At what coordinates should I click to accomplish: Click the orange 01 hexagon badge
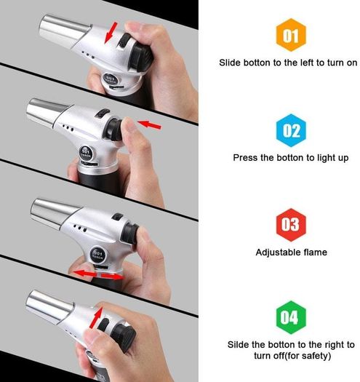point(291,35)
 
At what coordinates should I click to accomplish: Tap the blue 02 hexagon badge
point(291,130)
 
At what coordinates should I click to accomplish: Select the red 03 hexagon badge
point(291,225)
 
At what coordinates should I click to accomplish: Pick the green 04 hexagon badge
point(291,317)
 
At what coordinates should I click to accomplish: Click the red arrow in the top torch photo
point(111,33)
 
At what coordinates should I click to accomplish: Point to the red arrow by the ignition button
point(149,124)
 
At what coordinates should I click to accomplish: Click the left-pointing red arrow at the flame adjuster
point(85,274)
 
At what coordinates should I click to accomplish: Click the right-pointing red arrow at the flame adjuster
point(111,276)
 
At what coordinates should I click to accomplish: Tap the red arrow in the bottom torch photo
point(96,317)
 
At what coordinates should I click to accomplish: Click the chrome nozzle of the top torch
point(64,31)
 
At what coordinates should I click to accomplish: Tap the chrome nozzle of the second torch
point(48,112)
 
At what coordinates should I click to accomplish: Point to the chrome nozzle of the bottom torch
point(49,306)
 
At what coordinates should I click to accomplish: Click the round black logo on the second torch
point(86,153)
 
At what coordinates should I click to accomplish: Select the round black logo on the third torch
point(98,255)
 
